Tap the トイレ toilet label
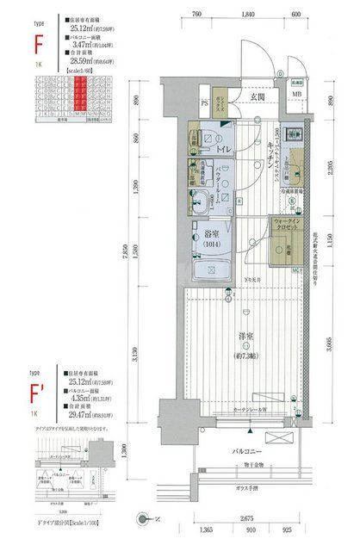pos(223,150)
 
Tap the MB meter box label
pos(296,94)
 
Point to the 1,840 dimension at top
pos(249,14)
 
